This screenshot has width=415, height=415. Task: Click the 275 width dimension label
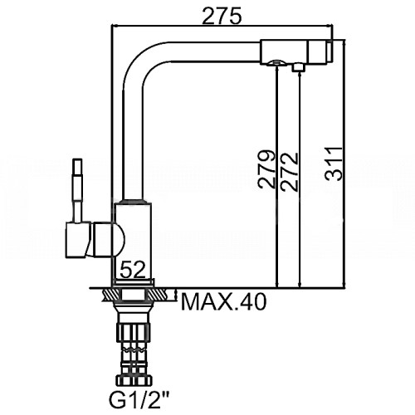pos(222,17)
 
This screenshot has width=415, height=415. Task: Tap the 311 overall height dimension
pos(334,164)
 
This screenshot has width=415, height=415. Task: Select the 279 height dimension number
pos(266,169)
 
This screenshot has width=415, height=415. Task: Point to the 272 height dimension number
pos(290,172)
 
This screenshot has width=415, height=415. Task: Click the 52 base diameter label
pos(133,269)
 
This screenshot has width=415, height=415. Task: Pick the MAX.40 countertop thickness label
pos(223,302)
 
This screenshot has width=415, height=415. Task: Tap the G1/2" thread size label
pos(135,400)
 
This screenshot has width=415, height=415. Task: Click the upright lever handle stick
pos(77,190)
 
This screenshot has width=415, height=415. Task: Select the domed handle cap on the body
pos(109,240)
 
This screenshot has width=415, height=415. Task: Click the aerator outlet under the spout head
pos(276,63)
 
